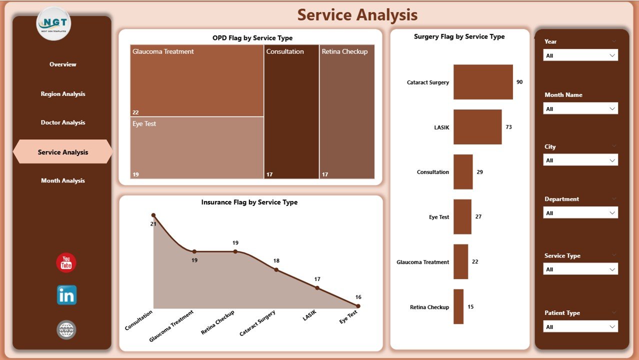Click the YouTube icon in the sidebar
66,263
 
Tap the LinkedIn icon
66,295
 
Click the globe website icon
66,330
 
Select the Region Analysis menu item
63,94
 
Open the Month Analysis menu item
63,180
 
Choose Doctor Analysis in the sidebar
63,122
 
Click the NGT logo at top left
53,23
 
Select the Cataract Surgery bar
483,82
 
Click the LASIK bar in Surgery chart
477,127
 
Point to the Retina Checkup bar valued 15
458,306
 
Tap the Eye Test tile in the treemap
196,147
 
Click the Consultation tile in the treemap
291,111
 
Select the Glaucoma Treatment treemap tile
196,80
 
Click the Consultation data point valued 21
153,215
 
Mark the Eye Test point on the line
358,306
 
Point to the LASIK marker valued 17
317,288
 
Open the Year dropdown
580,55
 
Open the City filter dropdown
580,160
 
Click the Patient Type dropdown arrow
612,327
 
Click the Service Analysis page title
357,15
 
